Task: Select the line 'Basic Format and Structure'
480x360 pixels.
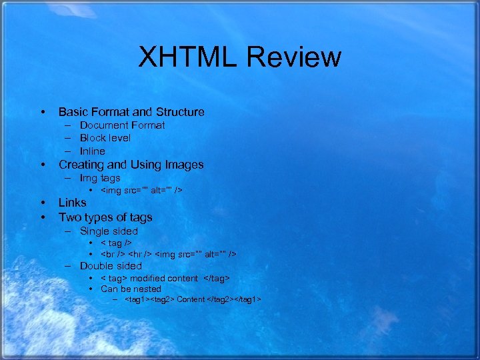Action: pyautogui.click(x=131, y=112)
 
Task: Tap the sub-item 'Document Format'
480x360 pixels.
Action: pyautogui.click(x=122, y=125)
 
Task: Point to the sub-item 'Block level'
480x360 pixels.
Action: pyautogui.click(x=105, y=138)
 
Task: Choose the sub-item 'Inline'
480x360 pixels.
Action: pyautogui.click(x=92, y=151)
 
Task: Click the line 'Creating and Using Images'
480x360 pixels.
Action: pyautogui.click(x=131, y=165)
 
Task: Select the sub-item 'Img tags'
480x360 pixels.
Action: pyautogui.click(x=100, y=178)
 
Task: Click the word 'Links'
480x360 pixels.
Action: pyautogui.click(x=73, y=203)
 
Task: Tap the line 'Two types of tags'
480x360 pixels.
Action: pyautogui.click(x=105, y=217)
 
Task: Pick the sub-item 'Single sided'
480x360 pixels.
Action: pyautogui.click(x=109, y=231)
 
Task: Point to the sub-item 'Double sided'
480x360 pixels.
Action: pyautogui.click(x=111, y=266)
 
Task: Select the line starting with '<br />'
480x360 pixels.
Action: pyautogui.click(x=168, y=254)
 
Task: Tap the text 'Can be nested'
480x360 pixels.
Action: pyautogui.click(x=131, y=289)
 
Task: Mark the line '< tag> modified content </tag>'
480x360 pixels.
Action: pyautogui.click(x=165, y=278)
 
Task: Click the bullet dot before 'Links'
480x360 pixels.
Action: pyautogui.click(x=42, y=203)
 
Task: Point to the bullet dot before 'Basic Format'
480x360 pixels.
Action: pyautogui.click(x=42, y=112)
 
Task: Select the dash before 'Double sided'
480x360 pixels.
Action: pyautogui.click(x=69, y=266)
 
